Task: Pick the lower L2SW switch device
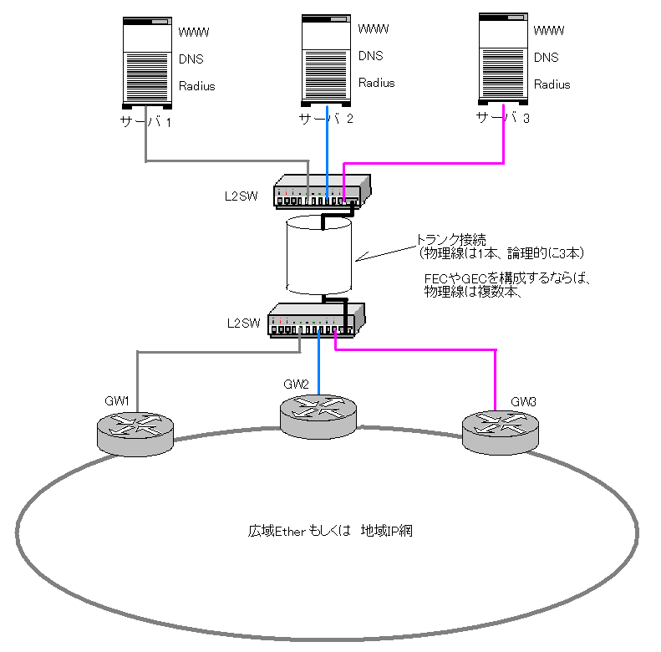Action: (x=316, y=319)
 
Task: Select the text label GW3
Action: (x=523, y=401)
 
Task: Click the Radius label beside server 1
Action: (x=197, y=85)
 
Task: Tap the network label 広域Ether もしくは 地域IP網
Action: (x=329, y=530)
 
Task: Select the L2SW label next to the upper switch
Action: (x=241, y=196)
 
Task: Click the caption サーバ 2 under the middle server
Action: (x=327, y=119)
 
